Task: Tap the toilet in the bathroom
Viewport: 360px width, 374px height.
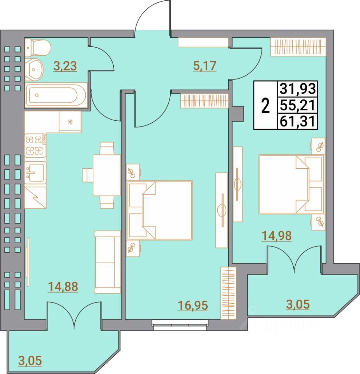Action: [37, 48]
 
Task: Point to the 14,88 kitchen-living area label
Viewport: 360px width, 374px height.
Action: [63, 287]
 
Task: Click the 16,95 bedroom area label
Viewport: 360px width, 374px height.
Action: [193, 305]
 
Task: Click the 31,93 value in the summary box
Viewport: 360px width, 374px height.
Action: [297, 89]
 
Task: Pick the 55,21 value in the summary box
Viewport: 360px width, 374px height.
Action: [297, 105]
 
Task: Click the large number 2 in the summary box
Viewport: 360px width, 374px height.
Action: [265, 106]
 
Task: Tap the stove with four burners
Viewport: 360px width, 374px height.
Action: [35, 145]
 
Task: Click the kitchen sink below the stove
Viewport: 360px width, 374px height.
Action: [35, 171]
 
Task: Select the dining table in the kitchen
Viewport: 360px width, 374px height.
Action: [106, 175]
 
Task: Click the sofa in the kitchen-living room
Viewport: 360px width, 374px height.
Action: [108, 261]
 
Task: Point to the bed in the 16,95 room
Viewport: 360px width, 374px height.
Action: [160, 210]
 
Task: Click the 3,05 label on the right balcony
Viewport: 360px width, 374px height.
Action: [298, 305]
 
